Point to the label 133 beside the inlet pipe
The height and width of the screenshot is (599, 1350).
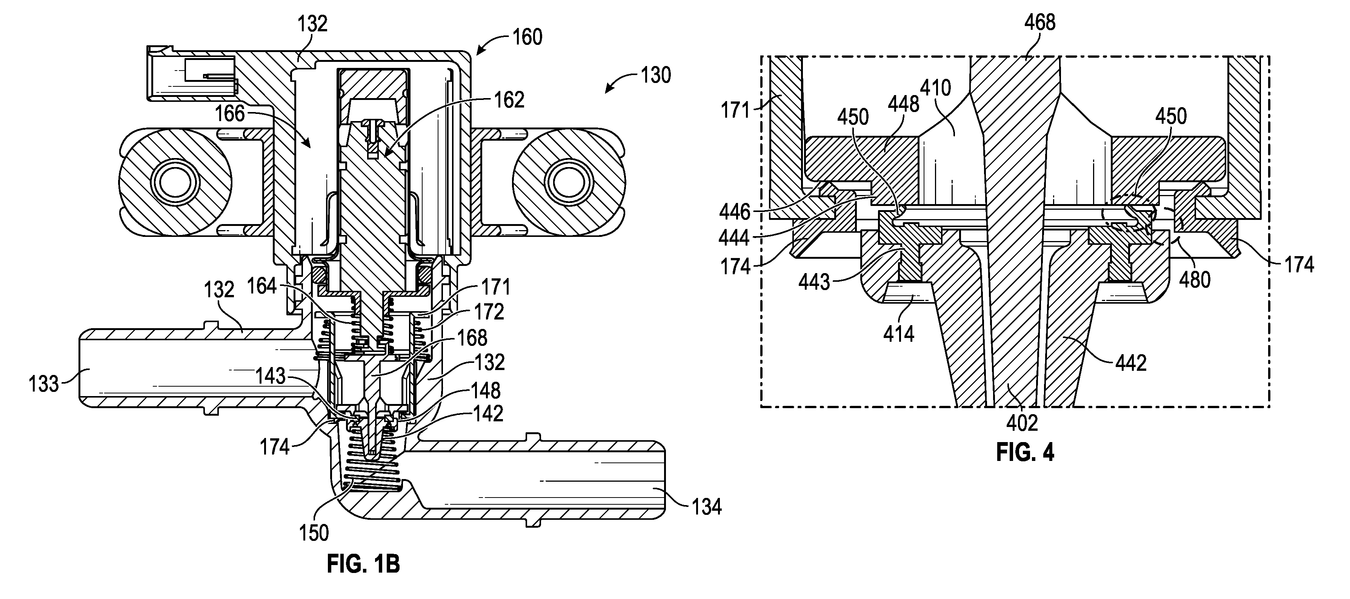coord(44,384)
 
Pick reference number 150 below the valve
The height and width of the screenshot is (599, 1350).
coord(314,533)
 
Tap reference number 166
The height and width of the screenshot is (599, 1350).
coord(229,113)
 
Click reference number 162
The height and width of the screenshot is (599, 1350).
coord(509,100)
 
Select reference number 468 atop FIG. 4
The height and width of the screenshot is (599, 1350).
coord(1040,23)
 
